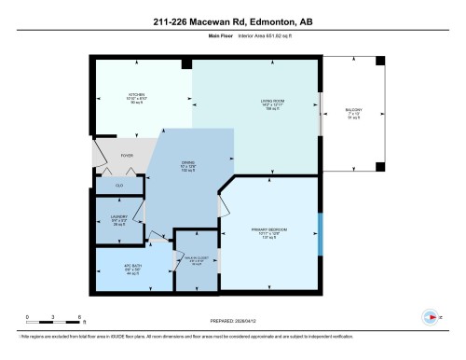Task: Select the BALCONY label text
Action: pos(354,110)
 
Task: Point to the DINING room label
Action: pos(186,161)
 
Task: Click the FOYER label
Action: pos(127,156)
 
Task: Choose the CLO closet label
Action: pos(119,186)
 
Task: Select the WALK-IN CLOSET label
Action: pos(196,261)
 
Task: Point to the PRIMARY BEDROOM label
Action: pos(267,228)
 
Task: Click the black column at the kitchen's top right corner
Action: pos(187,63)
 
